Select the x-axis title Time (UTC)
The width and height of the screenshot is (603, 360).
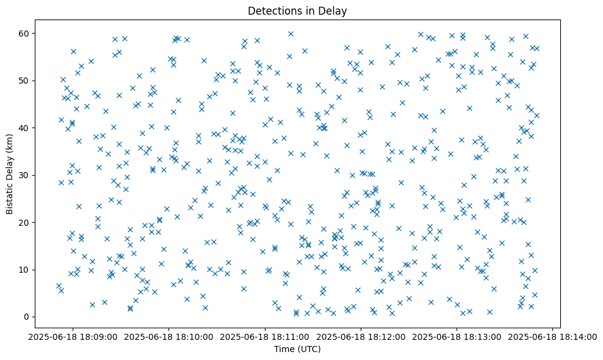[x=297, y=349]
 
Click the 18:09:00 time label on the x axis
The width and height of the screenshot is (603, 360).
[x=73, y=336]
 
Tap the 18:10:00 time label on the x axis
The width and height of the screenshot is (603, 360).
[x=169, y=336]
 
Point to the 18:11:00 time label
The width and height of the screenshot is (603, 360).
[x=265, y=336]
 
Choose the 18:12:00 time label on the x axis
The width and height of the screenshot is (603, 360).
[x=361, y=336]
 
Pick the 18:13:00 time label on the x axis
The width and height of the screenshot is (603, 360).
[x=457, y=336]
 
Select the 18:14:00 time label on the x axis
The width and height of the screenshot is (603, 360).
[x=552, y=336]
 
